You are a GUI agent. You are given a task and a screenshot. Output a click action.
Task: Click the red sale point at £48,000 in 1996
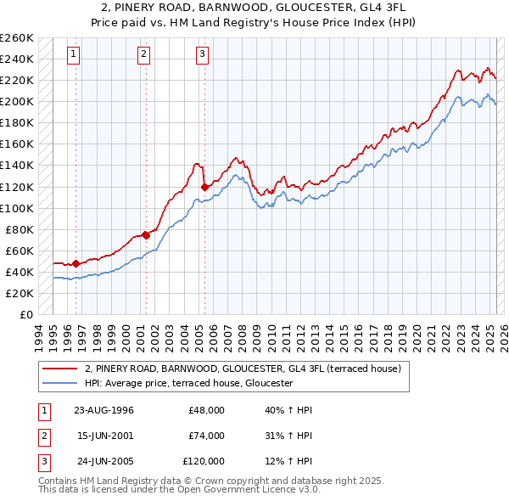tap(76, 263)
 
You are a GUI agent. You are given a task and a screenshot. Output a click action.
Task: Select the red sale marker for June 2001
tap(145, 235)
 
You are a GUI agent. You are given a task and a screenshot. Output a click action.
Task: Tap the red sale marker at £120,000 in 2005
tap(204, 187)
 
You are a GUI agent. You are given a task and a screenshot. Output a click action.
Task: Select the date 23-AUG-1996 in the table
tap(103, 410)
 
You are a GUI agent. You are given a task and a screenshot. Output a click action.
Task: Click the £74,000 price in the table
tap(206, 436)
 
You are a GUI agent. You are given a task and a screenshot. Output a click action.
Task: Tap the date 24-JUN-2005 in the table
tap(103, 461)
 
